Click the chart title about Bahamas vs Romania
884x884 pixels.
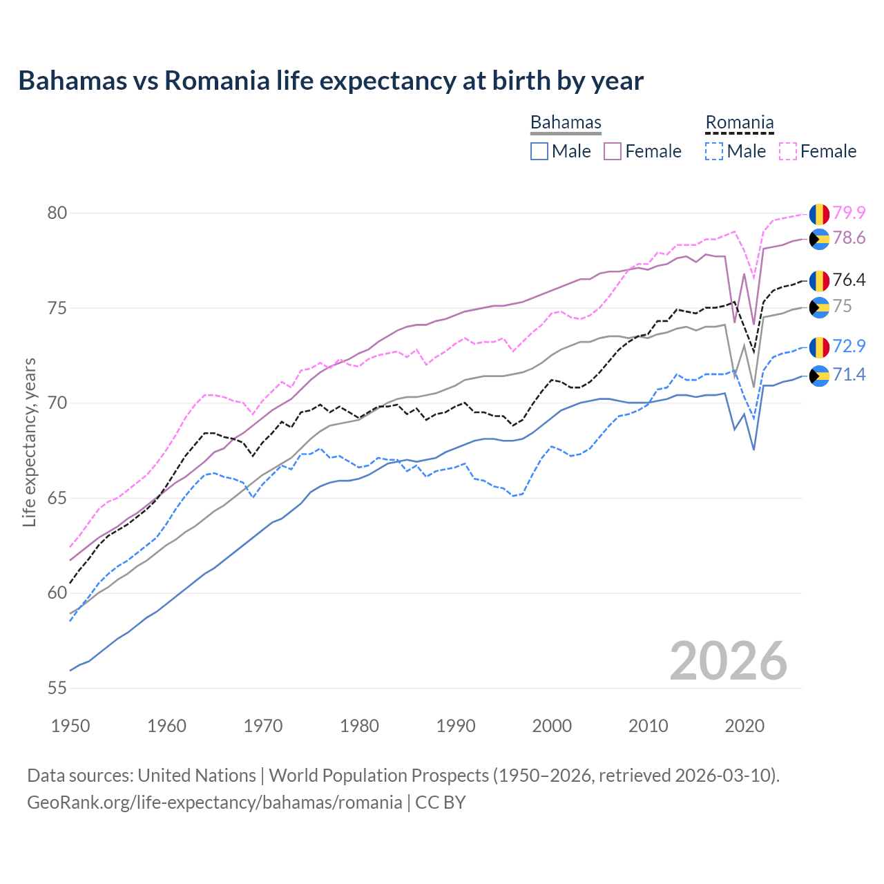[331, 81]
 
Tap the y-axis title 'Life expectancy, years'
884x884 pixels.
[29, 442]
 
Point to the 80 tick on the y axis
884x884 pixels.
[57, 213]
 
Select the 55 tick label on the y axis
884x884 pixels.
[57, 688]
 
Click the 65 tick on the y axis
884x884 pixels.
[57, 498]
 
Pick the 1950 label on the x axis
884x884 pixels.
[70, 726]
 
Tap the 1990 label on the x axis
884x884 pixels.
[456, 726]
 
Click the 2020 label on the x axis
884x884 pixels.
[744, 726]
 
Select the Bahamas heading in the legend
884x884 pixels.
[566, 122]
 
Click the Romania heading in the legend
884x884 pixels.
[739, 122]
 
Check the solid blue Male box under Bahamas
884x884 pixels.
[539, 151]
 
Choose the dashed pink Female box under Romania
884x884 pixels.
[788, 151]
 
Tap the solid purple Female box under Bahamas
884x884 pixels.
[613, 151]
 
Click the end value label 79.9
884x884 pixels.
[849, 213]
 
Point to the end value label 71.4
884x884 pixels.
[849, 374]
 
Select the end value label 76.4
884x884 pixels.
[849, 280]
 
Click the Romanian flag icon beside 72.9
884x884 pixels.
[819, 347]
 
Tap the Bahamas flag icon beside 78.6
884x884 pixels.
[819, 239]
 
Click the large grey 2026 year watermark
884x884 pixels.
[728, 661]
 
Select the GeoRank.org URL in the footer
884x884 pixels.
[214, 803]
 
